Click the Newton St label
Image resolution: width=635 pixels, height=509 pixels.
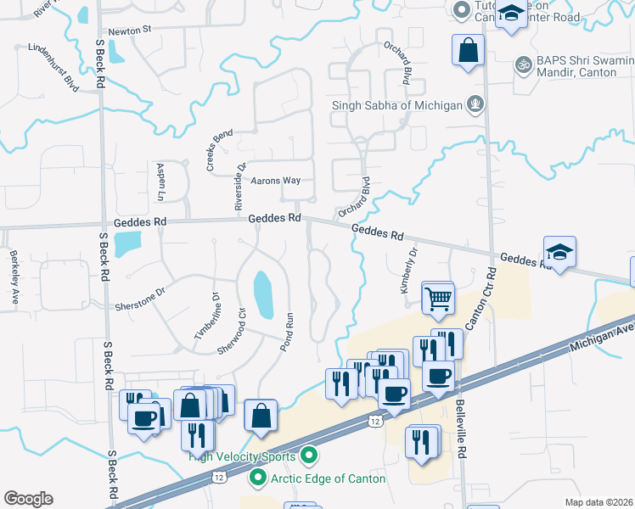pyautogui.click(x=129, y=29)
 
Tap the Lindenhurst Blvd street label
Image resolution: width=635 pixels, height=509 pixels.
pyautogui.click(x=53, y=68)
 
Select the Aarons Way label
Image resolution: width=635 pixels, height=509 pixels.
pyautogui.click(x=275, y=181)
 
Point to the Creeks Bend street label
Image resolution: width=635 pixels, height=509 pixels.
pyautogui.click(x=219, y=150)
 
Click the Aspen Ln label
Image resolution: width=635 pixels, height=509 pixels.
pyautogui.click(x=160, y=182)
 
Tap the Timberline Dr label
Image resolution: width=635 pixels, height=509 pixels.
pyautogui.click(x=207, y=316)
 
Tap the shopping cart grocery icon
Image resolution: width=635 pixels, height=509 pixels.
pyautogui.click(x=438, y=298)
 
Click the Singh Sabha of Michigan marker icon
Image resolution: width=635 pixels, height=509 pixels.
pyautogui.click(x=475, y=105)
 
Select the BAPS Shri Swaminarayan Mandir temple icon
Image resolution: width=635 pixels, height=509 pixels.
pyautogui.click(x=524, y=64)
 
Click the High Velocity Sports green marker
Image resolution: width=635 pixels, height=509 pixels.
pyautogui.click(x=309, y=456)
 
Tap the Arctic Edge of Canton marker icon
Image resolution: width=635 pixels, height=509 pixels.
pyautogui.click(x=256, y=478)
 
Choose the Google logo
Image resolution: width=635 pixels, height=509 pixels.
pyautogui.click(x=28, y=499)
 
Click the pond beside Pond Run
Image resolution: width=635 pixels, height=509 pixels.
pyautogui.click(x=262, y=293)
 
